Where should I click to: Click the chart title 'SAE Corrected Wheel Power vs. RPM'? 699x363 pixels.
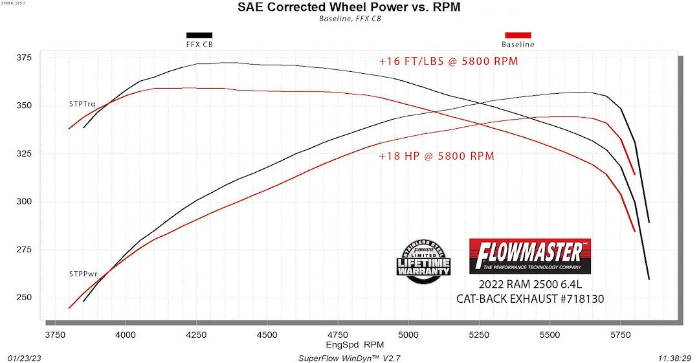click(x=349, y=8)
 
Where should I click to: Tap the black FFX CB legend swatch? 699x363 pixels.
click(x=199, y=35)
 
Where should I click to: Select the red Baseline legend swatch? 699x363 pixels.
click(x=518, y=35)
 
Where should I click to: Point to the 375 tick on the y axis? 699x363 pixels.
click(x=24, y=58)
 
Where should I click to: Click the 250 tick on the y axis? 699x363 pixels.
click(x=24, y=298)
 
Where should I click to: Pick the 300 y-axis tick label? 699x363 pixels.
click(x=24, y=202)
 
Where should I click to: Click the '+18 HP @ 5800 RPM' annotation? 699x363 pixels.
click(x=437, y=156)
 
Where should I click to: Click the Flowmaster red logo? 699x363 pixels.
click(x=529, y=256)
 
